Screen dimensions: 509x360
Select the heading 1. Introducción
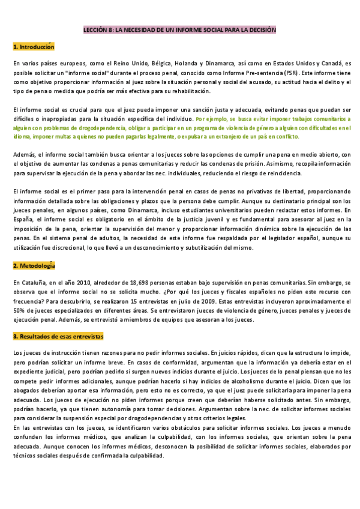(x=34, y=46)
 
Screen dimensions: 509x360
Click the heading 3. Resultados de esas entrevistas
(x=58, y=337)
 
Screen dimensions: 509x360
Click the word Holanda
(x=187, y=63)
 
